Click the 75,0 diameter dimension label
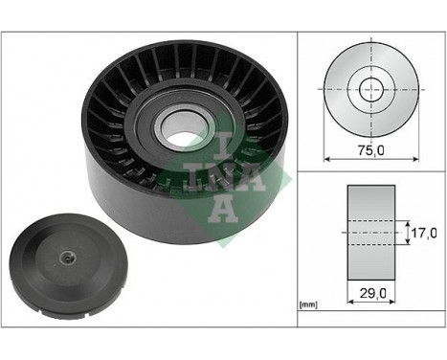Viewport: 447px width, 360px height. (x=369, y=150)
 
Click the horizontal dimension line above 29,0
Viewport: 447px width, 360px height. (x=369, y=284)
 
